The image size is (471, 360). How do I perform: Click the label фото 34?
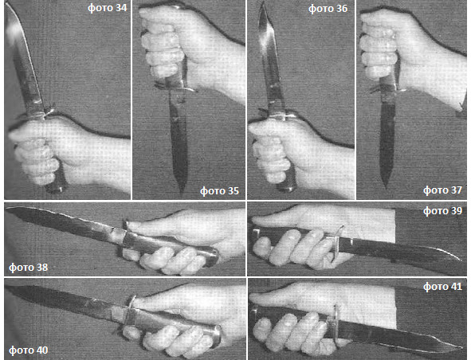click(x=108, y=7)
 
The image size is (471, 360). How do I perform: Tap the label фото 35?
click(x=220, y=190)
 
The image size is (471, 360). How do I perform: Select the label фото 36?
click(x=328, y=9)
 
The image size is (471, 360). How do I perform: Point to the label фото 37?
click(x=442, y=190)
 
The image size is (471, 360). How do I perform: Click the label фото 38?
click(x=28, y=267)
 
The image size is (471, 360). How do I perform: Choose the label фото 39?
click(x=442, y=211)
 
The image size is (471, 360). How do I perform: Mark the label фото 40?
click(x=28, y=350)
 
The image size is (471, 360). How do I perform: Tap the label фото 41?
click(x=442, y=287)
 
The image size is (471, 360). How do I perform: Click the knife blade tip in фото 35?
click(x=181, y=193)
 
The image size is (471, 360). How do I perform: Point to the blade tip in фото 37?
click(x=386, y=188)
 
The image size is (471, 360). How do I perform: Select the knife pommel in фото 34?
click(x=57, y=189)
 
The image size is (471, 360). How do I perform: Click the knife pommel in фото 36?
click(x=286, y=188)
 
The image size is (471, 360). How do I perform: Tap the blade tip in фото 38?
click(x=6, y=209)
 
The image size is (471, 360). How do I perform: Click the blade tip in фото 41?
click(x=461, y=348)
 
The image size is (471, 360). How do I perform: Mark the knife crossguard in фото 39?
click(x=336, y=243)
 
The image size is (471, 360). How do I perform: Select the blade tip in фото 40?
click(x=6, y=288)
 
